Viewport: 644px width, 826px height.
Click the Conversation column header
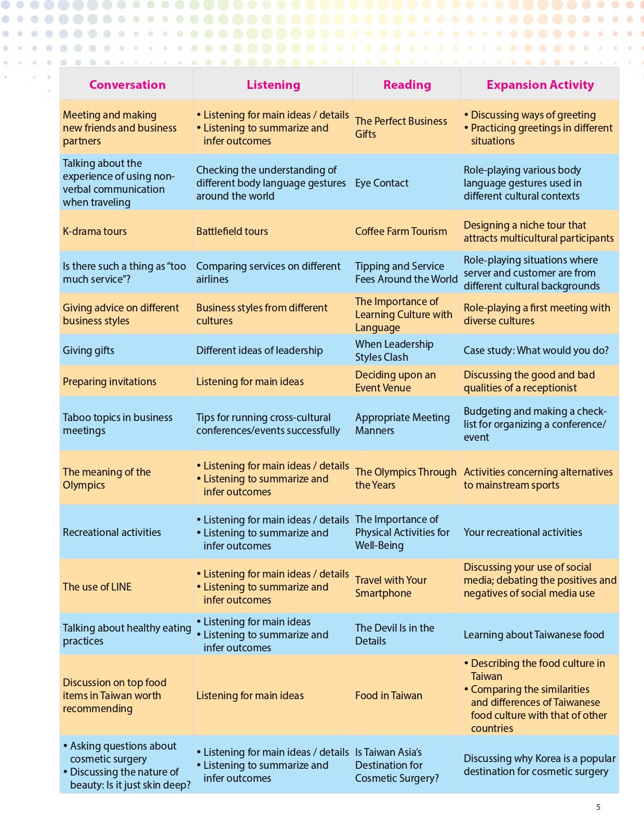(127, 85)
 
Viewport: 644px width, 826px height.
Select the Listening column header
(273, 85)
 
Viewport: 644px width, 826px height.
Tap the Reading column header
(407, 85)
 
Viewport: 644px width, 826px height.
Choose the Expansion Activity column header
(540, 85)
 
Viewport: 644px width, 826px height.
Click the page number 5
(598, 807)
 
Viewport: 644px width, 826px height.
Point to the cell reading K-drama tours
(95, 231)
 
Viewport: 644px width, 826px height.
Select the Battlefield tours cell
(232, 231)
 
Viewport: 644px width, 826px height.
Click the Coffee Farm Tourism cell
(401, 231)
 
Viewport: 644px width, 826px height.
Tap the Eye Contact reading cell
(382, 183)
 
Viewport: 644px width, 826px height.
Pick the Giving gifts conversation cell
(89, 350)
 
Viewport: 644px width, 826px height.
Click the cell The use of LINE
(97, 587)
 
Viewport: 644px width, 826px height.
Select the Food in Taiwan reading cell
(388, 696)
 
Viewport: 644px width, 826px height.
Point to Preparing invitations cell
(110, 382)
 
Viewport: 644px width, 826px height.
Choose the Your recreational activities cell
(523, 532)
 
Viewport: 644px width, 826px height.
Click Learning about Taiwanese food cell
(534, 635)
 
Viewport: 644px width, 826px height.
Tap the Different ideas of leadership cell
(260, 350)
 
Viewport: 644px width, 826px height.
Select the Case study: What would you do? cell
(536, 350)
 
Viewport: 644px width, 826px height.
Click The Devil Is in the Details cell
(395, 634)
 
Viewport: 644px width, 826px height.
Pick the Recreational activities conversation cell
(112, 532)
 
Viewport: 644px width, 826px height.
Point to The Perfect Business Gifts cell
(401, 127)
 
